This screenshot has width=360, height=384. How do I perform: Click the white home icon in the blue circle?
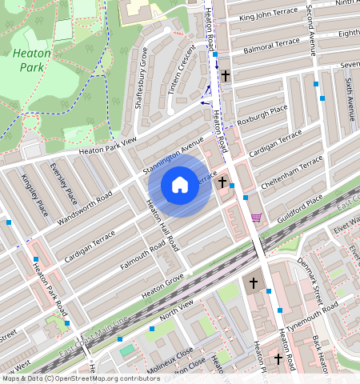[180, 185]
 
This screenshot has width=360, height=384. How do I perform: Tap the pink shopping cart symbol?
[256, 218]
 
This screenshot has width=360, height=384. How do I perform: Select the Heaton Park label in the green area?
[32, 60]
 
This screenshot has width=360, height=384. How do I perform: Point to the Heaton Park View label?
[107, 147]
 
